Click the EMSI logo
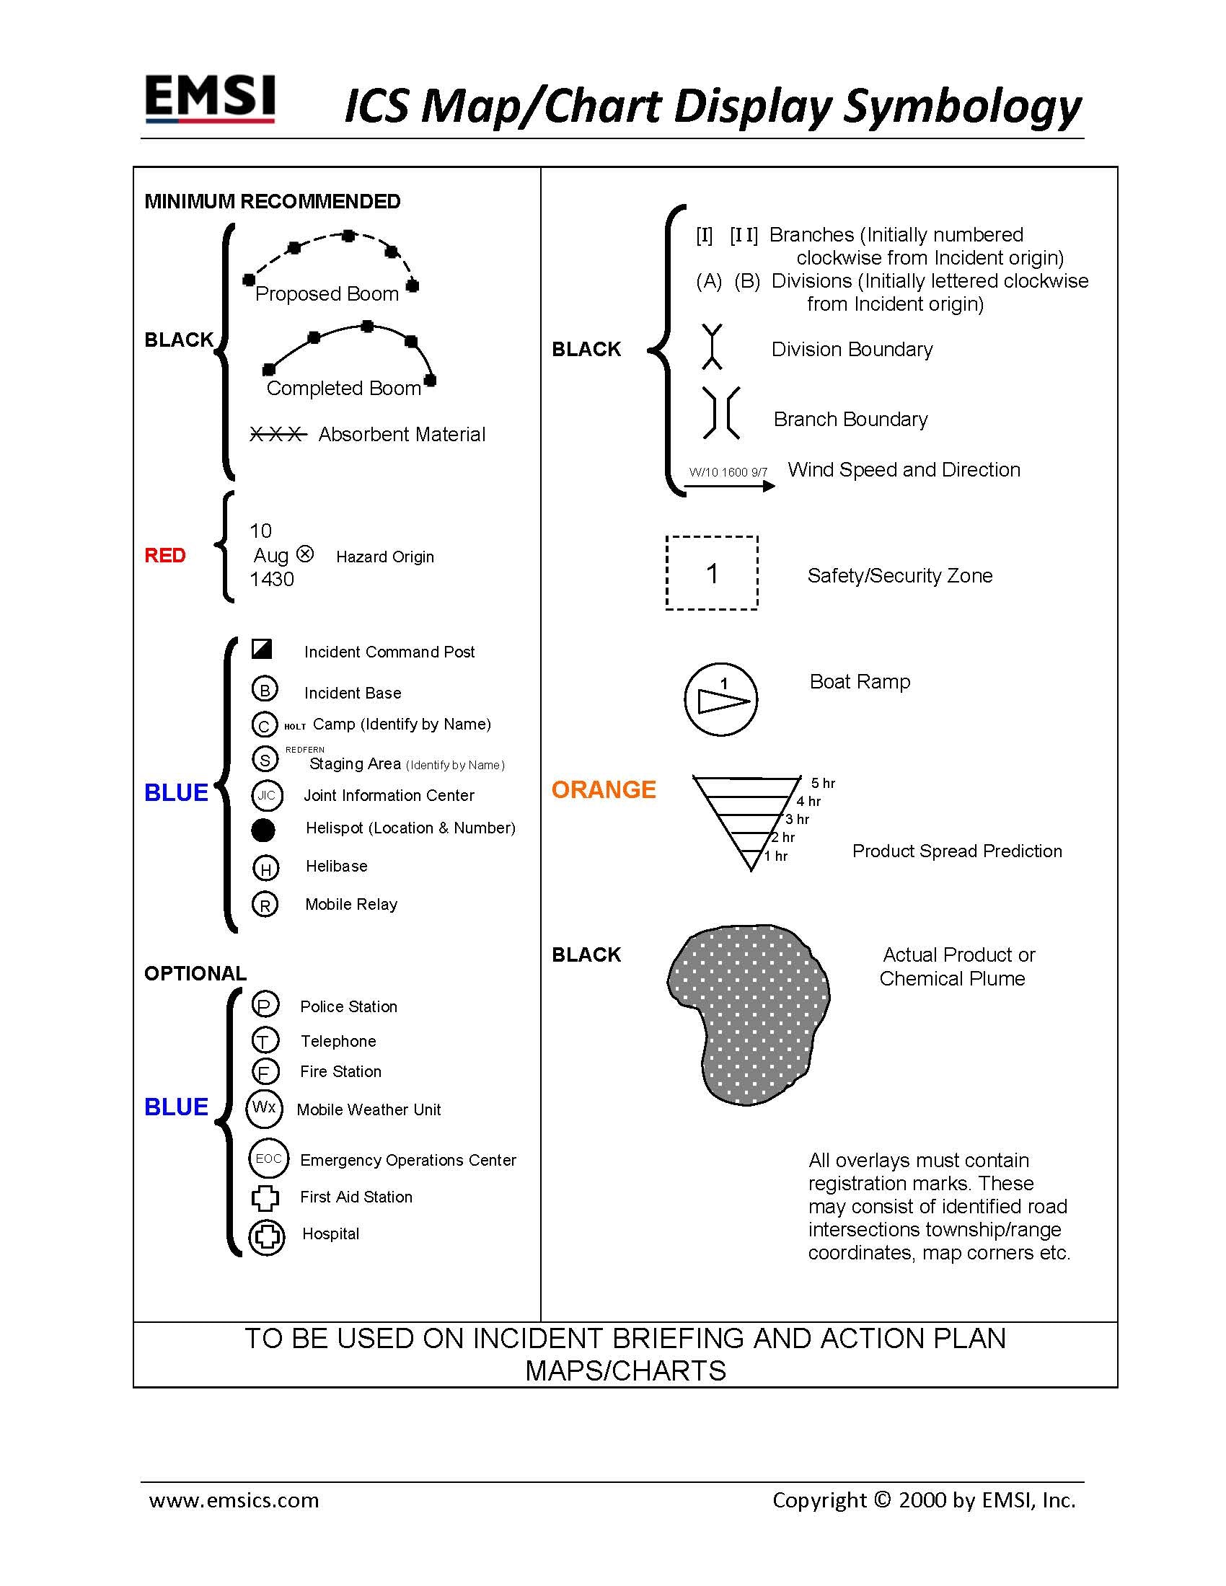[x=210, y=98]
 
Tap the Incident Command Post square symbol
[x=262, y=649]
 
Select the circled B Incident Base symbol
[x=265, y=689]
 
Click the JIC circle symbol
[x=267, y=795]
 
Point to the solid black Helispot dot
[x=263, y=829]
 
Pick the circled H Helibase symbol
[x=265, y=868]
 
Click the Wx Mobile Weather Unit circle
[x=264, y=1108]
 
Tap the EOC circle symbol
[x=268, y=1159]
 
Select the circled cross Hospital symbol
[x=267, y=1237]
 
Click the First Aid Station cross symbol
[x=265, y=1198]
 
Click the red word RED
[x=165, y=556]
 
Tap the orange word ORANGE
[x=604, y=789]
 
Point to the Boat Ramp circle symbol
[x=720, y=699]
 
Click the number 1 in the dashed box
[x=712, y=574]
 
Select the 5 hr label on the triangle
[x=823, y=783]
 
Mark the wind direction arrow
[x=729, y=486]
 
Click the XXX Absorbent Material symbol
[x=277, y=434]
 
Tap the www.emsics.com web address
[x=234, y=1500]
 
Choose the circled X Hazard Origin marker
[x=306, y=554]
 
